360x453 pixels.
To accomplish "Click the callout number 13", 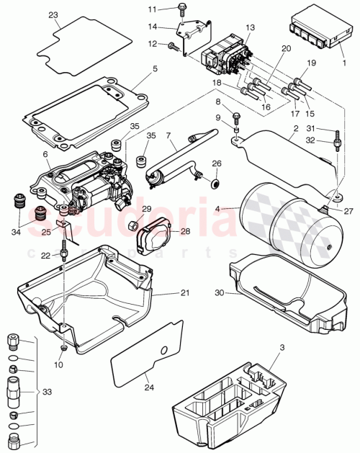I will (250, 27).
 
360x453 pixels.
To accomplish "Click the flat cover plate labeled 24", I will (145, 354).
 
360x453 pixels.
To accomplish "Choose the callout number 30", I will (220, 292).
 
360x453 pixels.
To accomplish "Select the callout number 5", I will (154, 70).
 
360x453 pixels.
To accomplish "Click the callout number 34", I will (17, 232).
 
